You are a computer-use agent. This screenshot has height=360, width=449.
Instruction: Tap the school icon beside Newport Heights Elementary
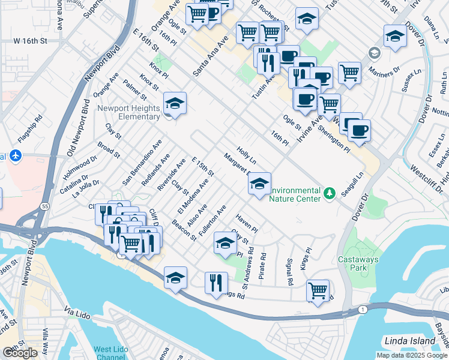[175, 104]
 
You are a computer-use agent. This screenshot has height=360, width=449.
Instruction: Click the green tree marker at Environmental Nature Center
[329, 193]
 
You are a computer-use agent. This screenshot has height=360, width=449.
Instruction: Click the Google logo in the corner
[20, 353]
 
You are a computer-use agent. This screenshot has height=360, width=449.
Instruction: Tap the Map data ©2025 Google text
[412, 355]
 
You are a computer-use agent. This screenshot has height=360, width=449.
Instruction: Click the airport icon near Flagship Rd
[15, 157]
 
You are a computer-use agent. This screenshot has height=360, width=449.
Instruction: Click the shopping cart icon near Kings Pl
[318, 290]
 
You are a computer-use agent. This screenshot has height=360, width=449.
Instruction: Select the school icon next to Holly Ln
[259, 184]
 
